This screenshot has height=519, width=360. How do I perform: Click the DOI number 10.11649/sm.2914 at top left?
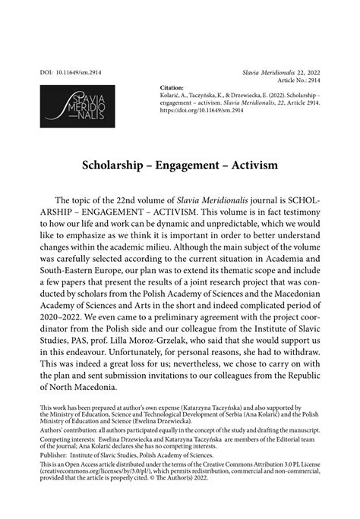click(70, 72)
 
